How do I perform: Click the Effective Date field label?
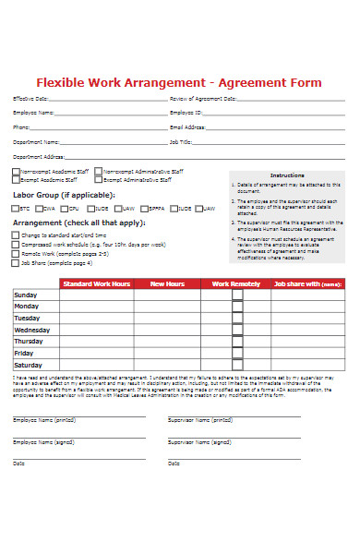[28, 98]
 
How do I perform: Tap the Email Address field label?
[188, 127]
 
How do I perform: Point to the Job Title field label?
[181, 142]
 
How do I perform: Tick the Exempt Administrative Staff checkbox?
[98, 181]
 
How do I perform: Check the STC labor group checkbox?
[15, 209]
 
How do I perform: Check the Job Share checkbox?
[15, 262]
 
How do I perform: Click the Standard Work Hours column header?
[97, 284]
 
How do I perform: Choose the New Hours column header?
[168, 284]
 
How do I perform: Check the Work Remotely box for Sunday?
[237, 295]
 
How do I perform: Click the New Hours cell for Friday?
[168, 353]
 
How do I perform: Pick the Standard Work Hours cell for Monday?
[97, 307]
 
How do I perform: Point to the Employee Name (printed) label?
[44, 419]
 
